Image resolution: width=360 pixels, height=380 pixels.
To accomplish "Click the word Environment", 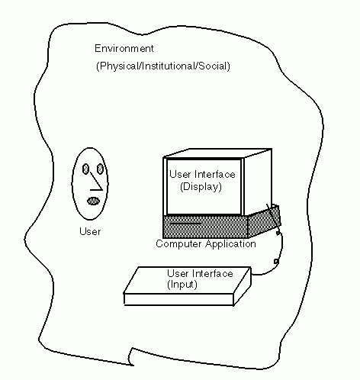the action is tap(124, 48).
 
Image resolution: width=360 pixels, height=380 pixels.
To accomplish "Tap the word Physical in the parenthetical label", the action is tap(119, 66).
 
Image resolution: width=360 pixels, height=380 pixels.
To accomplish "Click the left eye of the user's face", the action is tap(85, 169).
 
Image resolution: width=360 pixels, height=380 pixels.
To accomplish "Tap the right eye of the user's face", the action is tap(100, 169).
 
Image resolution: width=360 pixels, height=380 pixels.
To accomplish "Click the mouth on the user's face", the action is tap(93, 201).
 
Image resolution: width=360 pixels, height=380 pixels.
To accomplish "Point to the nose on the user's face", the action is tap(96, 182).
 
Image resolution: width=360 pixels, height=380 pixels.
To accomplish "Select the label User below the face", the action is tap(90, 231).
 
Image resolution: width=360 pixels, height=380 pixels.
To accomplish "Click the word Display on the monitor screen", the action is tap(201, 187).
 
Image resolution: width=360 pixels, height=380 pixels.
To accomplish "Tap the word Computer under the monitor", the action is tap(179, 244).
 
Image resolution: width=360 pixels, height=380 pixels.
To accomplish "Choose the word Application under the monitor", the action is tap(230, 243).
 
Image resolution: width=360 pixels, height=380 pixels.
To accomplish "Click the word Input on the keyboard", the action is tap(182, 285).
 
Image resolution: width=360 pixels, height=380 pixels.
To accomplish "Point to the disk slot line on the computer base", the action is tap(185, 224).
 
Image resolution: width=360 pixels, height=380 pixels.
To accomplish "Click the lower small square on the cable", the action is tap(276, 262).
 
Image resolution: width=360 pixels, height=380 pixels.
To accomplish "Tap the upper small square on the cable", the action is tap(278, 233).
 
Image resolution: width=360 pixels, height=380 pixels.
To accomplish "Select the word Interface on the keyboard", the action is tap(213, 273).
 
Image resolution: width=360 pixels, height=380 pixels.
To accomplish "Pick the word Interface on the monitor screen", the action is tap(215, 174).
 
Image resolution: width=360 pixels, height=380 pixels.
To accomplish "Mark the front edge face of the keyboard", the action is tap(178, 299).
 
